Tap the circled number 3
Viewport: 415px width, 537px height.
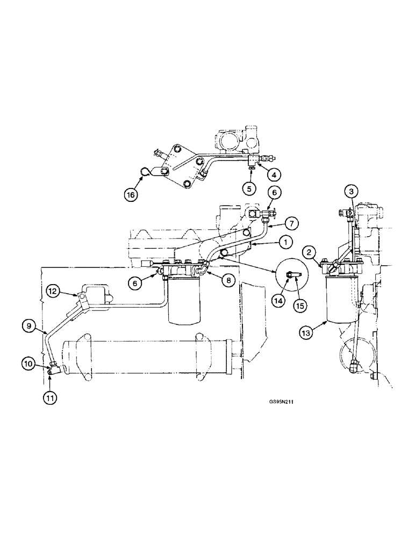point(350,191)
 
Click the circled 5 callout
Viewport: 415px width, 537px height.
point(249,188)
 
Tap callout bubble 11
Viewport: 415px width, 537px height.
point(49,398)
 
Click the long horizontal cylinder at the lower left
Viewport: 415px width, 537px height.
point(145,359)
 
